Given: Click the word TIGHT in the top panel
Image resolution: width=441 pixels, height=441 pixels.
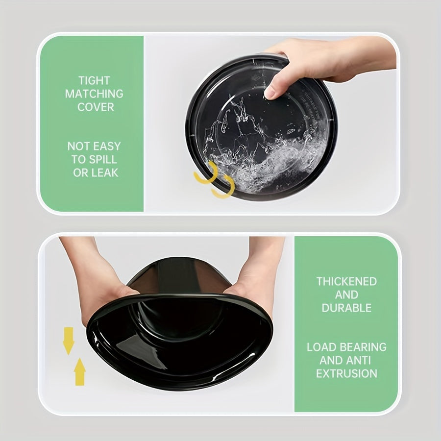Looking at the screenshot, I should (94, 80).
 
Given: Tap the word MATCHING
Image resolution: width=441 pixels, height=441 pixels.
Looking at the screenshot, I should (94, 94).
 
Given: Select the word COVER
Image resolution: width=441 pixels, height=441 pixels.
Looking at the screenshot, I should (95, 107).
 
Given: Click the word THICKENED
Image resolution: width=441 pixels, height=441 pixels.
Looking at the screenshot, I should (346, 282).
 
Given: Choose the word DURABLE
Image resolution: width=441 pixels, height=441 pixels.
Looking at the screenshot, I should (346, 308).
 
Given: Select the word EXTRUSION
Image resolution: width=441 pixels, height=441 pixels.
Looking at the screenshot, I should (346, 373).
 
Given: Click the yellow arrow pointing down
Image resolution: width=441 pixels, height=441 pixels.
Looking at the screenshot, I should (69, 340).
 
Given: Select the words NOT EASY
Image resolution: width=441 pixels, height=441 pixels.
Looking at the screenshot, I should (94, 146).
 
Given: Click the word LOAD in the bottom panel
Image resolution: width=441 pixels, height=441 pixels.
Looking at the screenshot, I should (320, 347).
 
